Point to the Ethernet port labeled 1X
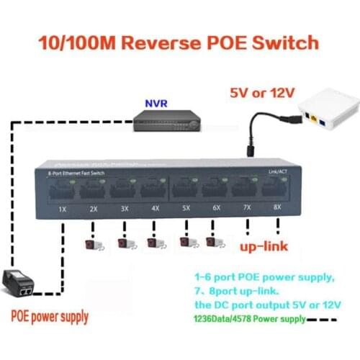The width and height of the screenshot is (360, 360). coord(62,192)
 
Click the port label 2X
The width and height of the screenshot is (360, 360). coord(92,209)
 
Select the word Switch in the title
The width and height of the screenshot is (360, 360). coord(284,42)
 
